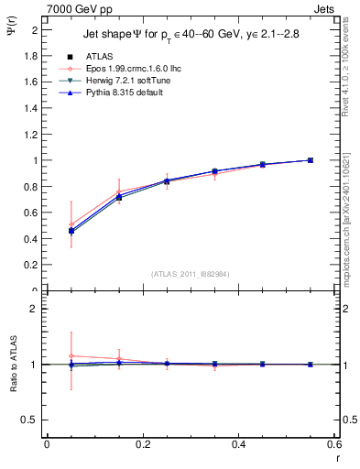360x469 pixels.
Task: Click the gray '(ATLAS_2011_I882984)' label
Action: click(x=190, y=273)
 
